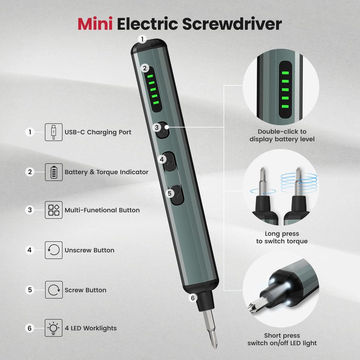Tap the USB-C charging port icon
coord(54,132)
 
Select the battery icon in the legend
coord(54,172)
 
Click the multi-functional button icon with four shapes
coord(54,210)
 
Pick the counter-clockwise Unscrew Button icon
coord(54,250)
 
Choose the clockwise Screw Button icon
coord(54,290)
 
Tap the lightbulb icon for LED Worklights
coord(54,328)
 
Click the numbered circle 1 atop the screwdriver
coord(142,39)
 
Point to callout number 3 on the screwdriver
coord(157,128)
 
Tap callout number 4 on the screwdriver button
coord(162,159)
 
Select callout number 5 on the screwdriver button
coord(170,193)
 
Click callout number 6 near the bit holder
coord(192,298)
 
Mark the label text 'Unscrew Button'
coord(89,250)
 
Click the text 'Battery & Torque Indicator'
coord(106,172)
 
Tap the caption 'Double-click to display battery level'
coord(282,135)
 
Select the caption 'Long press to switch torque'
coord(282,237)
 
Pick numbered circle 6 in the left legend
coord(30,328)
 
